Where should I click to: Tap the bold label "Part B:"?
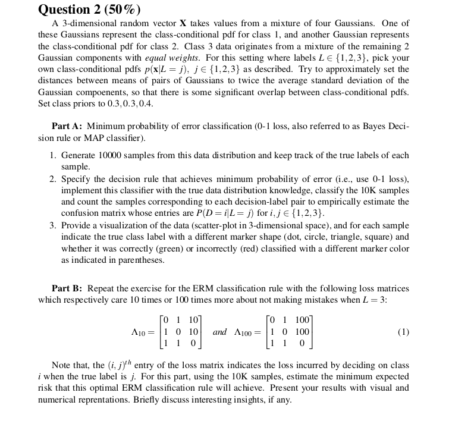69,288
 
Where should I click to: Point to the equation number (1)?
403,332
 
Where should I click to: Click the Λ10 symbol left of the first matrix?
136,332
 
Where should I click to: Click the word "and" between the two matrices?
220,332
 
